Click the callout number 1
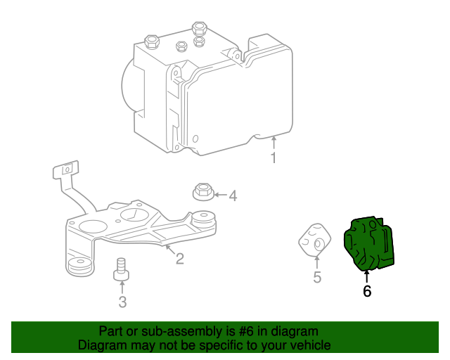(274, 158)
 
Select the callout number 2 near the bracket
(180, 259)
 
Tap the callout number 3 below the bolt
(122, 302)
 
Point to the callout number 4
(233, 196)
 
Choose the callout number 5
(317, 278)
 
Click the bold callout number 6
(367, 290)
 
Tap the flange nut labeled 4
(202, 191)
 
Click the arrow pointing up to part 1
(274, 143)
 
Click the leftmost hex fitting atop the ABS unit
(151, 41)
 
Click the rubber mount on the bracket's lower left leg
(79, 266)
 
